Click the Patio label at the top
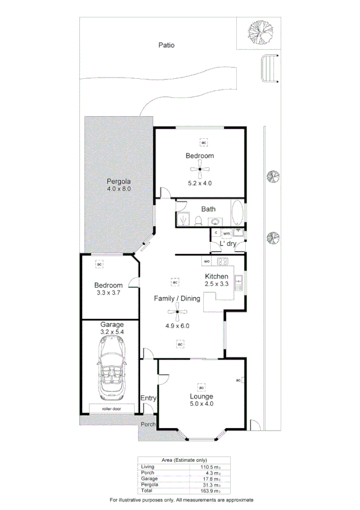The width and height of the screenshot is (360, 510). pos(166,45)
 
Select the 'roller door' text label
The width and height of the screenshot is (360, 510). pos(112,408)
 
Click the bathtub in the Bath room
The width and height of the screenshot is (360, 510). pos(237,212)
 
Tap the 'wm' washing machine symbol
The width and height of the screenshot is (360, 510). pos(227,233)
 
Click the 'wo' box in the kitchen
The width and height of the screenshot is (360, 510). pos(206,262)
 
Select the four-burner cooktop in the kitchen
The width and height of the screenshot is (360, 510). pos(222,262)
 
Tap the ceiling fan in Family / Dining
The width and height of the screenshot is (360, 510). pos(177,311)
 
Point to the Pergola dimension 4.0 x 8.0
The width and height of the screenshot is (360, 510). pos(119,188)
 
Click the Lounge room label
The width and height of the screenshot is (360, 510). pos(201,397)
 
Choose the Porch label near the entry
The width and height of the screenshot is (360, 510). pos(148,424)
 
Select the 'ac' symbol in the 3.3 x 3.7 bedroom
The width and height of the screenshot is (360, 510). pos(99,263)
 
